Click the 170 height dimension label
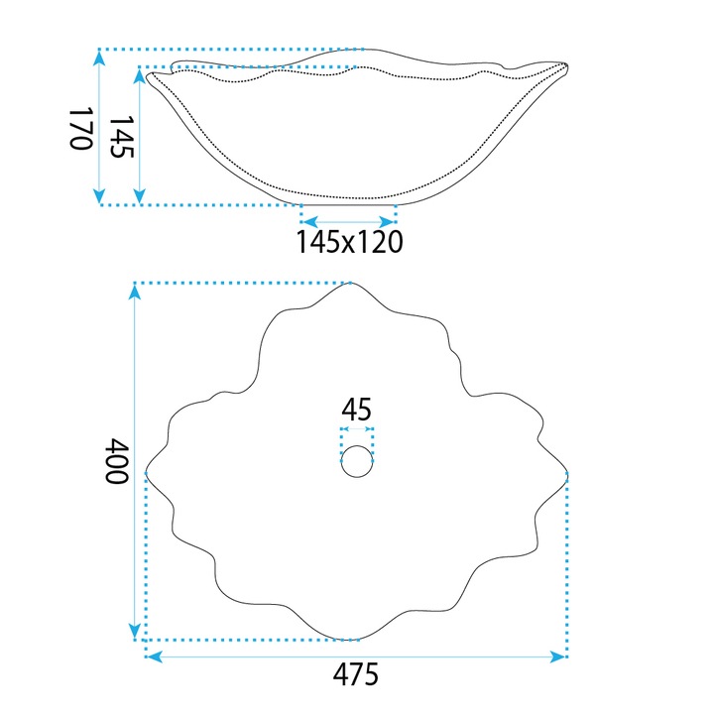pos(81,128)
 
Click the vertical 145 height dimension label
pos(122,136)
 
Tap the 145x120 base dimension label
pos(350,241)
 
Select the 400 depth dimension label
pos(117,460)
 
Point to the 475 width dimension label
pos(356,674)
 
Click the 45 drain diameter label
pos(357,410)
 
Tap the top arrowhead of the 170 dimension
pos(100,59)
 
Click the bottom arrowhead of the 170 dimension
pos(100,195)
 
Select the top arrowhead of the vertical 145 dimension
pos(140,76)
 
